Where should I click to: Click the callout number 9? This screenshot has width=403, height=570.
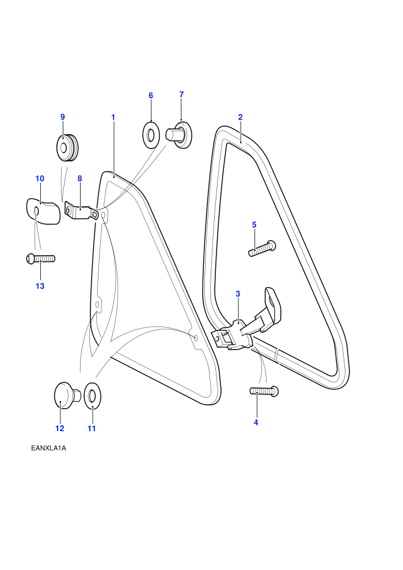click(x=63, y=117)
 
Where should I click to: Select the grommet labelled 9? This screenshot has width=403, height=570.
click(x=67, y=147)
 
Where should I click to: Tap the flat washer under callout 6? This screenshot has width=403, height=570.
click(x=150, y=135)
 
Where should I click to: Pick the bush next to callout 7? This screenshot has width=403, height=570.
click(x=179, y=135)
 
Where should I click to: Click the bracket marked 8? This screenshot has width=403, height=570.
click(x=81, y=211)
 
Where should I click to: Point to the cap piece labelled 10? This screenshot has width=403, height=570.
click(x=43, y=211)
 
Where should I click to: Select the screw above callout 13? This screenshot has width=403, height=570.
click(x=41, y=259)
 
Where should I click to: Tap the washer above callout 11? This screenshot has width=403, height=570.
click(x=92, y=395)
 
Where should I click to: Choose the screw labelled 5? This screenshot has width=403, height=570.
click(x=262, y=248)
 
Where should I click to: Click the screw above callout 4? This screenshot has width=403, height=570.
click(x=264, y=391)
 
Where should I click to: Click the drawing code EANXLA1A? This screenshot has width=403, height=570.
click(x=49, y=448)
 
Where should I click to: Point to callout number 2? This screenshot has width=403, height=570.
click(x=240, y=117)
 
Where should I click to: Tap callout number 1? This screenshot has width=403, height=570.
click(x=113, y=117)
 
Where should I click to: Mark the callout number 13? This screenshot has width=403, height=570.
click(x=40, y=286)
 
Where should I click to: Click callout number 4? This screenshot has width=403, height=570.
click(x=256, y=423)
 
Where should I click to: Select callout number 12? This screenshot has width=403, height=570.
click(x=60, y=428)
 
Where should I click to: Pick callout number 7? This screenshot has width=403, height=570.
click(x=181, y=94)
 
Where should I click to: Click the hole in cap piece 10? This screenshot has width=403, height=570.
click(x=36, y=210)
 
